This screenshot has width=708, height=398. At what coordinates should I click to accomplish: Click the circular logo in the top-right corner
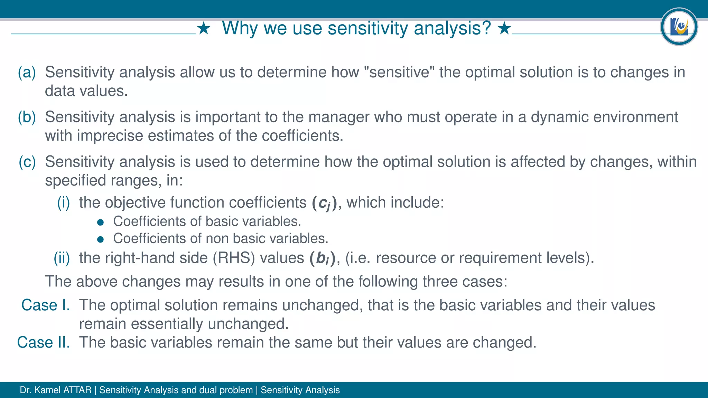click(679, 27)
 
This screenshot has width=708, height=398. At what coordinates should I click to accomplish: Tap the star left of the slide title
click(204, 28)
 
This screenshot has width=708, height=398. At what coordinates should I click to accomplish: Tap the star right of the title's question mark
click(504, 28)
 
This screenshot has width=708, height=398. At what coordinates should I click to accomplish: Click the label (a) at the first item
click(27, 72)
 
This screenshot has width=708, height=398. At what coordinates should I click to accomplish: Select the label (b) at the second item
click(27, 117)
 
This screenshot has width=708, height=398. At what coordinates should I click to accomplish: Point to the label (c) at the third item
click(27, 162)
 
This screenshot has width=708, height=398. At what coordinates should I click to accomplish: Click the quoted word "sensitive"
click(399, 72)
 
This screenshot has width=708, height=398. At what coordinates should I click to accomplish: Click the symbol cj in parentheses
click(324, 203)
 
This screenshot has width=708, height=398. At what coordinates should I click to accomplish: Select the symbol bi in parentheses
click(322, 258)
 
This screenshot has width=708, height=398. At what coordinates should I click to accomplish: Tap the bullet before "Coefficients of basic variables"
click(101, 222)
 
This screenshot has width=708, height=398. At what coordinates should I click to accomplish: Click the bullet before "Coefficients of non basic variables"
click(101, 239)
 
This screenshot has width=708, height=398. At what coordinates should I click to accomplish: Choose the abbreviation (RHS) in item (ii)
click(234, 258)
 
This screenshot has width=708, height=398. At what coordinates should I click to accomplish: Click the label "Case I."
click(46, 305)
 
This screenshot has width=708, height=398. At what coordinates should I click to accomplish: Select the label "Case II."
click(44, 342)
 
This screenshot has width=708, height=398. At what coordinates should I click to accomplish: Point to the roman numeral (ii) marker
click(62, 258)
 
